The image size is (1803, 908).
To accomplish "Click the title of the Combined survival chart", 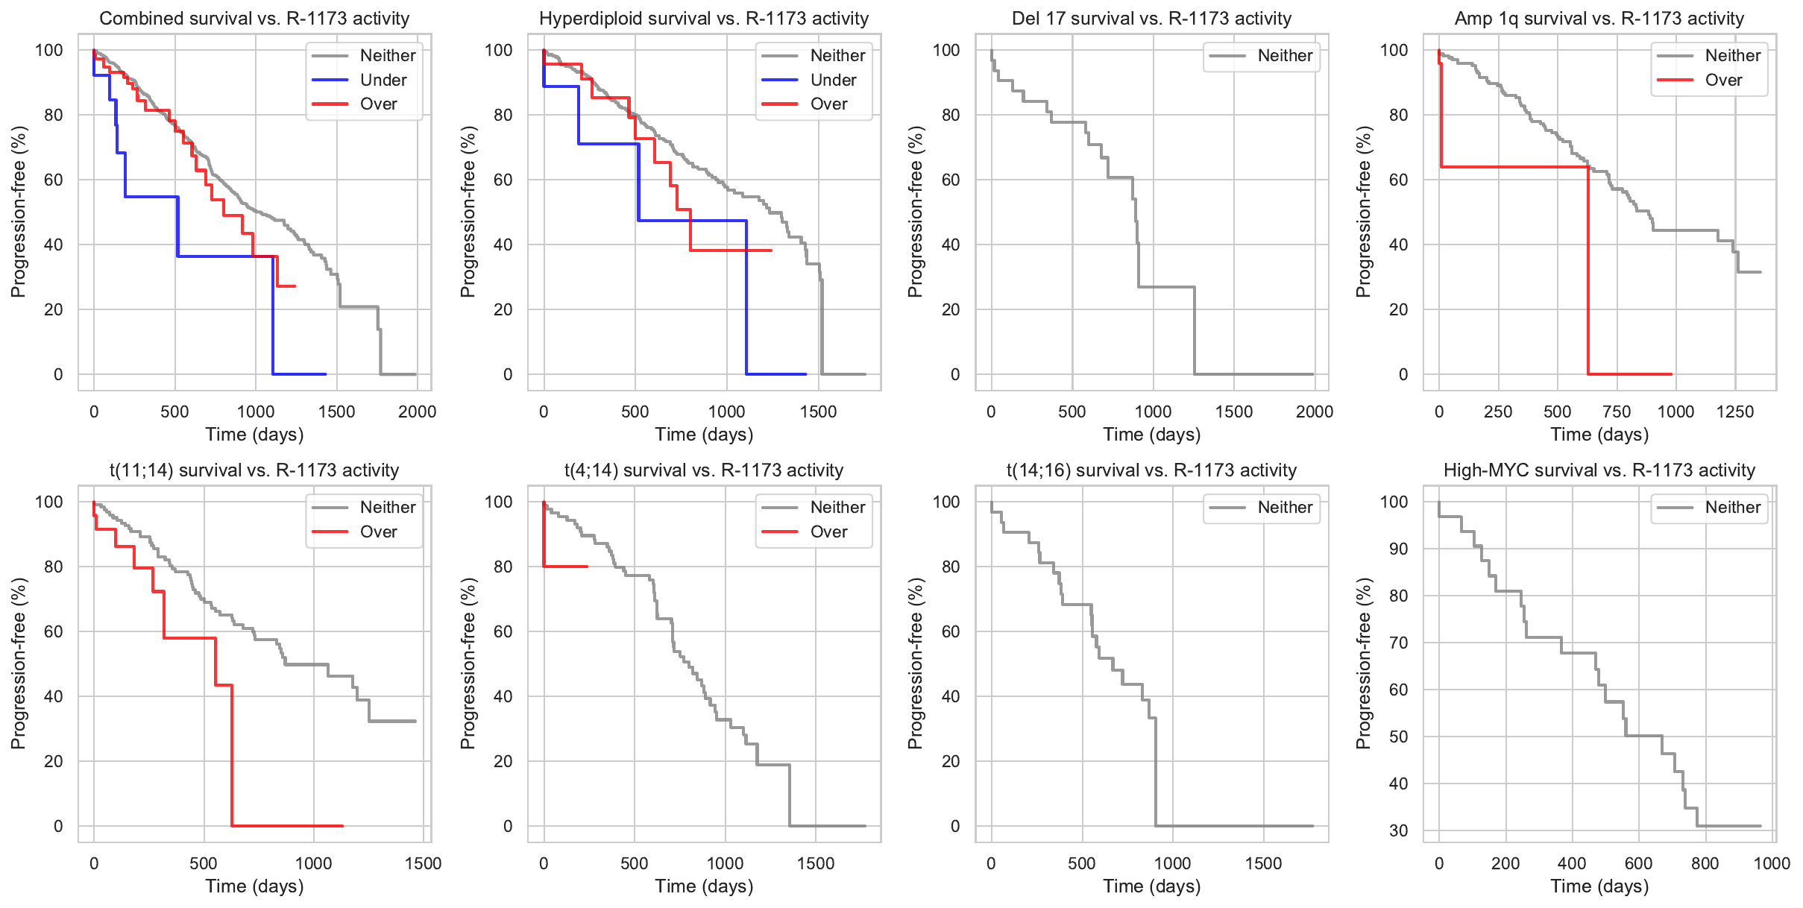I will click(254, 19).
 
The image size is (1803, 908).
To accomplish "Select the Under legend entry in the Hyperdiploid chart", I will click(833, 80).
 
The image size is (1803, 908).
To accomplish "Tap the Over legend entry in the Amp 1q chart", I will click(1723, 80).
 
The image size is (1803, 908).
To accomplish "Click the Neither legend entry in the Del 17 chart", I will click(1285, 55).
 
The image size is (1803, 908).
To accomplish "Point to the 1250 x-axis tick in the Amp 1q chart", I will click(1735, 412).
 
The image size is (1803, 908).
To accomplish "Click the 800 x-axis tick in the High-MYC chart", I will click(1705, 863).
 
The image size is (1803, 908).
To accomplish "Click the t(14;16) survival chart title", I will click(1151, 470).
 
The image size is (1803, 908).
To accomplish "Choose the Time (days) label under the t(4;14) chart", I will click(704, 886).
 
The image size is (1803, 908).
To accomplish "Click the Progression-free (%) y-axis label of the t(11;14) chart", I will click(19, 663).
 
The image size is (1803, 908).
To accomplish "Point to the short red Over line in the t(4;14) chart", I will click(567, 567).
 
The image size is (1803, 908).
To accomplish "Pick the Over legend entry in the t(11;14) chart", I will click(378, 532).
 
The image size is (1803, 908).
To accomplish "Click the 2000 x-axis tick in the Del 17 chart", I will click(1315, 412).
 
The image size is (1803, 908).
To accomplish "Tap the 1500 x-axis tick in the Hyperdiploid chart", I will click(818, 412).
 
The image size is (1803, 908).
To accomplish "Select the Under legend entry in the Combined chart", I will click(383, 80).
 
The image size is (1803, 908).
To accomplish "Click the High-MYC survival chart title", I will click(1599, 470).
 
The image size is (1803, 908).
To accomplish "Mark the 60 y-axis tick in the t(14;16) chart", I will click(951, 631).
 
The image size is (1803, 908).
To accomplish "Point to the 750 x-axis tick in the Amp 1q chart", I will click(1617, 412).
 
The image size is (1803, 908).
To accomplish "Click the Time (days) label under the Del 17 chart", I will click(1152, 434).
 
